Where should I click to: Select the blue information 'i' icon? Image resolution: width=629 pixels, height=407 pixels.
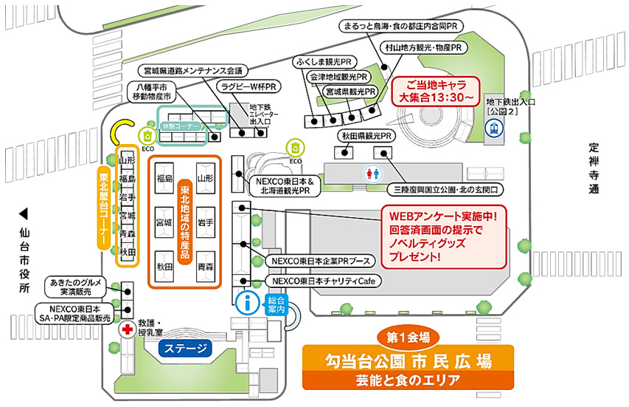(x=249, y=302)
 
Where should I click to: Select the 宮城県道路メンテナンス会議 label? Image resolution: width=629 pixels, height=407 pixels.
(x=193, y=71)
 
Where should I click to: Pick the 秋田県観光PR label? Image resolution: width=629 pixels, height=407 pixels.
(x=366, y=137)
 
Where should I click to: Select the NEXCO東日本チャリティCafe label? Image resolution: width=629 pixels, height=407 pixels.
(x=319, y=281)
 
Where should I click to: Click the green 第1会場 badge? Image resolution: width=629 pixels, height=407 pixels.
(x=408, y=337)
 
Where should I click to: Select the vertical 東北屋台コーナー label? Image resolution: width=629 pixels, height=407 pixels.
(x=104, y=207)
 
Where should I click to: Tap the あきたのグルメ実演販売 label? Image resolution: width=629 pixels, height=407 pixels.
(x=77, y=287)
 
